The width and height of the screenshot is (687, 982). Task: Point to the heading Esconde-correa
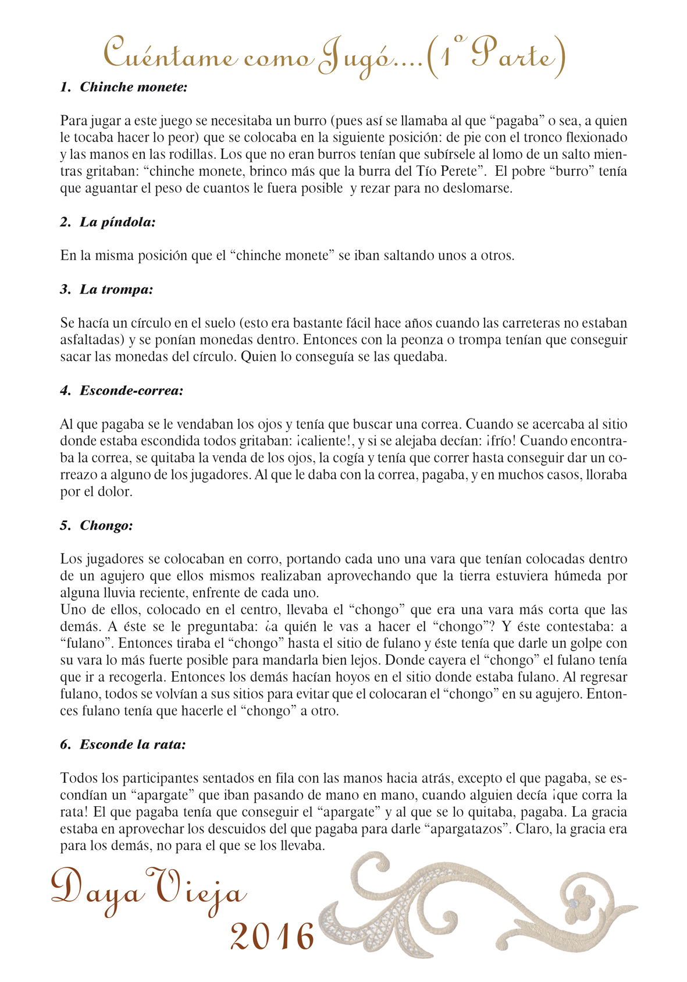pyautogui.click(x=131, y=391)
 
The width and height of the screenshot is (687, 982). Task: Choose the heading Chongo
pyautogui.click(x=106, y=526)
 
